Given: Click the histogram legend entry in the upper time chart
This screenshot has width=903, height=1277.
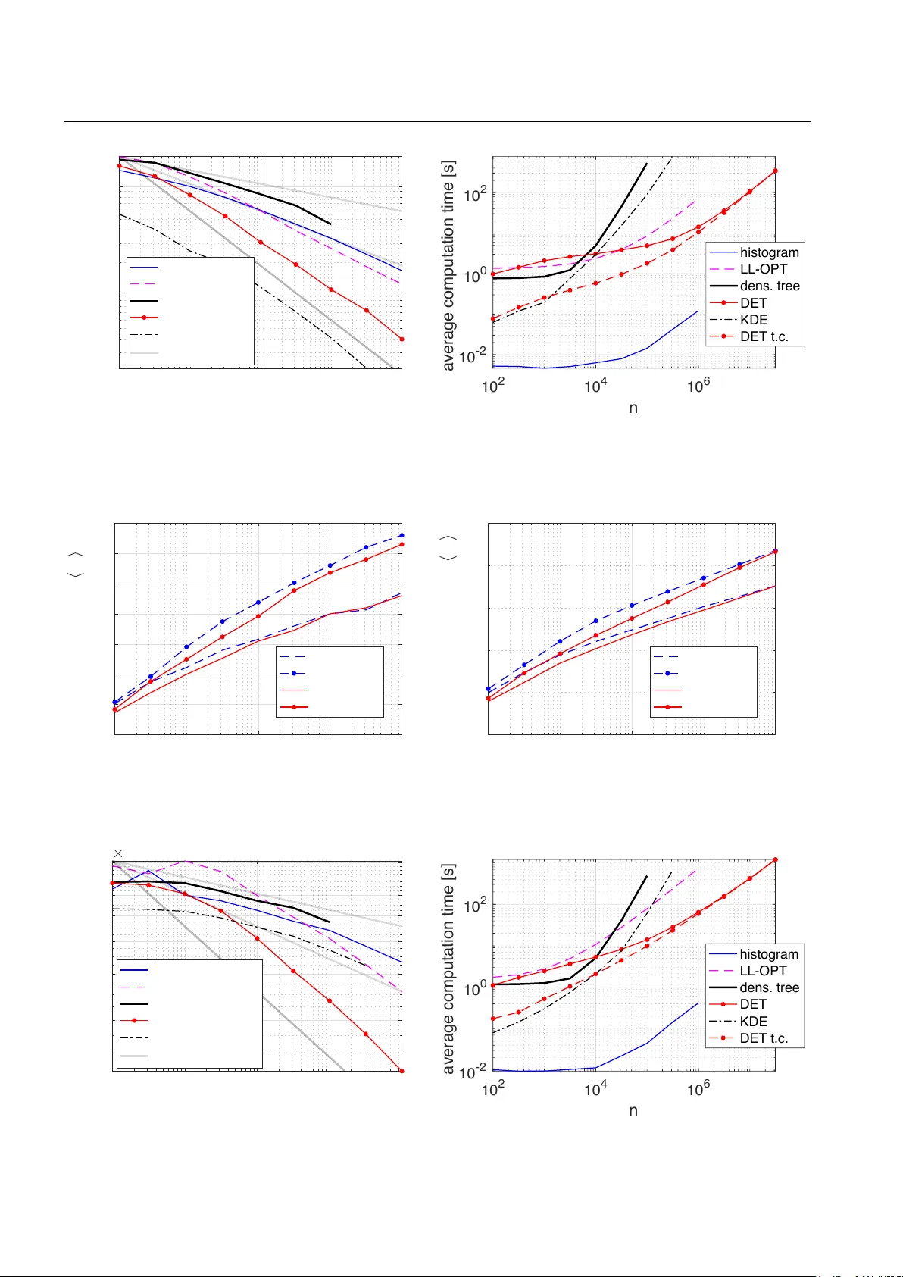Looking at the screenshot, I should pos(769,252).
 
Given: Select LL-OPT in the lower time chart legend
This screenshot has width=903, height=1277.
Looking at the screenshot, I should pos(763,971).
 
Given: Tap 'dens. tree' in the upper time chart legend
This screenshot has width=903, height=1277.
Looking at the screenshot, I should pos(770,286).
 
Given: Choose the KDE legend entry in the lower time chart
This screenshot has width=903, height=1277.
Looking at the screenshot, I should pos(753,1021).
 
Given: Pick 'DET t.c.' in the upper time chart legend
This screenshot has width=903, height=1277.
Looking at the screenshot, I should pos(764,336).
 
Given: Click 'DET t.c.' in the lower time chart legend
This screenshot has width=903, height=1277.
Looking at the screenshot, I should pos(764,1038).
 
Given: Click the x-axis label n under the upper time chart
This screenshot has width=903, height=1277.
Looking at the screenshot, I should pos(633,408).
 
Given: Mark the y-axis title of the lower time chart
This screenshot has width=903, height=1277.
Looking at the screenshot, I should pos(448,969).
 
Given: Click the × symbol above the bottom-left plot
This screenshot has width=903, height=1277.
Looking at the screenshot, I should pos(118,853).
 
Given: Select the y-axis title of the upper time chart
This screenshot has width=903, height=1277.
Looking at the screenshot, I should pos(448,265).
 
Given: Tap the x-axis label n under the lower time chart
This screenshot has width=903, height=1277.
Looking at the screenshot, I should pos(633,1110).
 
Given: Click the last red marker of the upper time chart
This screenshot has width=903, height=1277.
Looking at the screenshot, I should pos(775,171).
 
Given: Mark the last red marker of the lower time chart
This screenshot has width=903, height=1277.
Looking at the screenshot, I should pos(775,860).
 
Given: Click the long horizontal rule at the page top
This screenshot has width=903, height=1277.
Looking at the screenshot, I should pos(437,121).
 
